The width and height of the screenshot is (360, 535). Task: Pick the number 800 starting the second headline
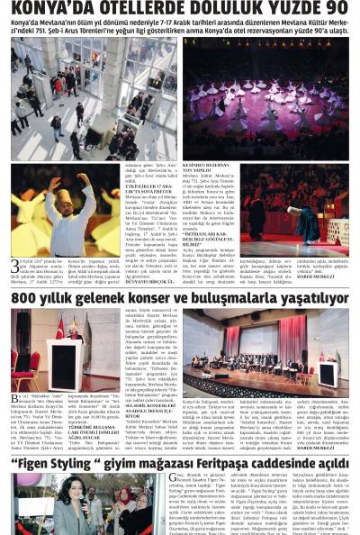[x=24, y=298]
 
